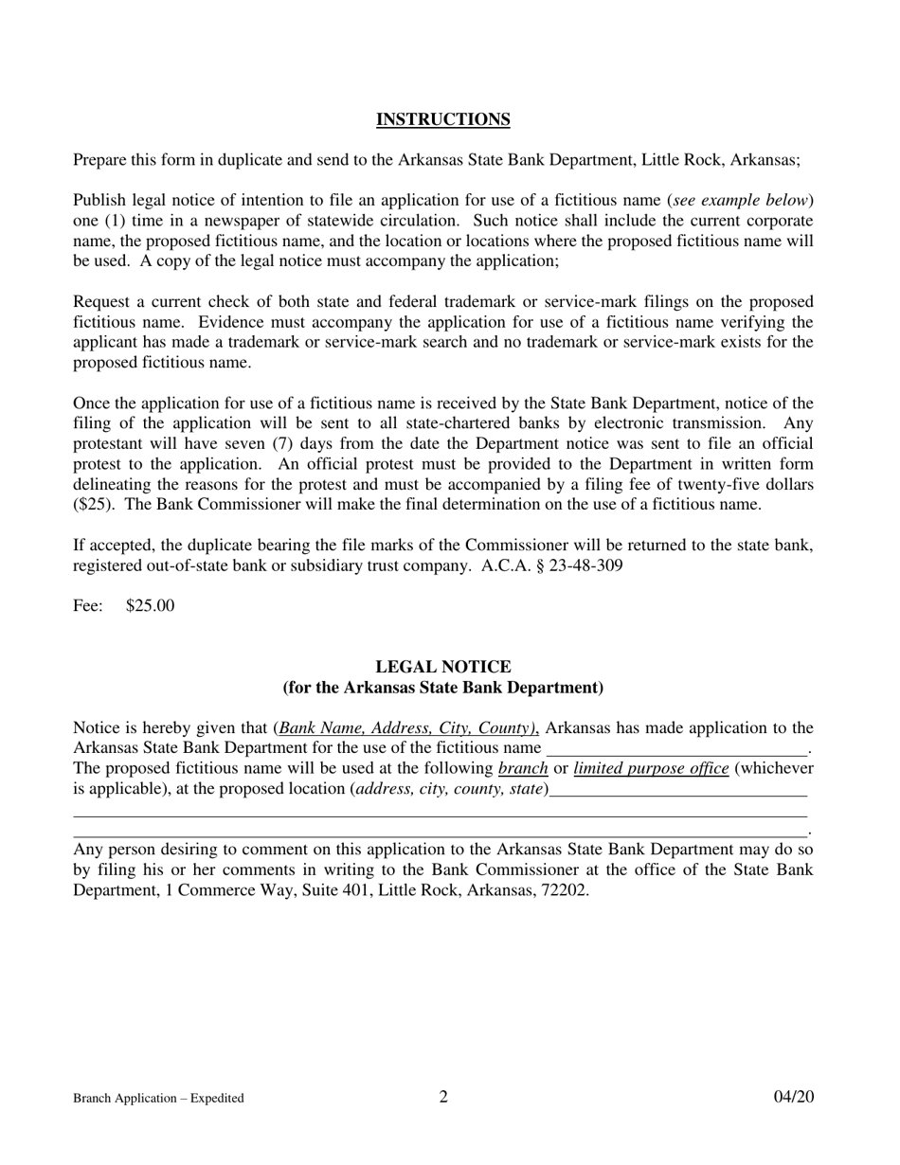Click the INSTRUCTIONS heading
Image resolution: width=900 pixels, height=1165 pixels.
pos(443,119)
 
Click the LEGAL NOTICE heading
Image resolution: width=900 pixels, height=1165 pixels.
pos(443,667)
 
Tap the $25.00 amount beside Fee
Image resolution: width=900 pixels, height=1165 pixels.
pos(150,606)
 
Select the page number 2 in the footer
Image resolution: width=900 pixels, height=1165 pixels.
pos(443,1097)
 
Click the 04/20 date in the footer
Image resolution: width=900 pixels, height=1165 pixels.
pos(793,1097)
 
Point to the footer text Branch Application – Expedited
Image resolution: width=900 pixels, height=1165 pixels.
pos(158,1099)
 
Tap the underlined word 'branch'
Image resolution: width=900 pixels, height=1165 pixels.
pos(523,768)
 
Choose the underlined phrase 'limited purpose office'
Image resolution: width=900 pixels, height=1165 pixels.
pos(651,768)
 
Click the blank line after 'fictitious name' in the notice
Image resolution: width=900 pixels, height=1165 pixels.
pos(675,748)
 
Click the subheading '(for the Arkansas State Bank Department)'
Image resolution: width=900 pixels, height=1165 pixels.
pos(443,688)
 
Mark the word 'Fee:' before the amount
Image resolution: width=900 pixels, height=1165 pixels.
pos(88,606)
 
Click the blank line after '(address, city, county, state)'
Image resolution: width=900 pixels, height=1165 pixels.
pos(677,789)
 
